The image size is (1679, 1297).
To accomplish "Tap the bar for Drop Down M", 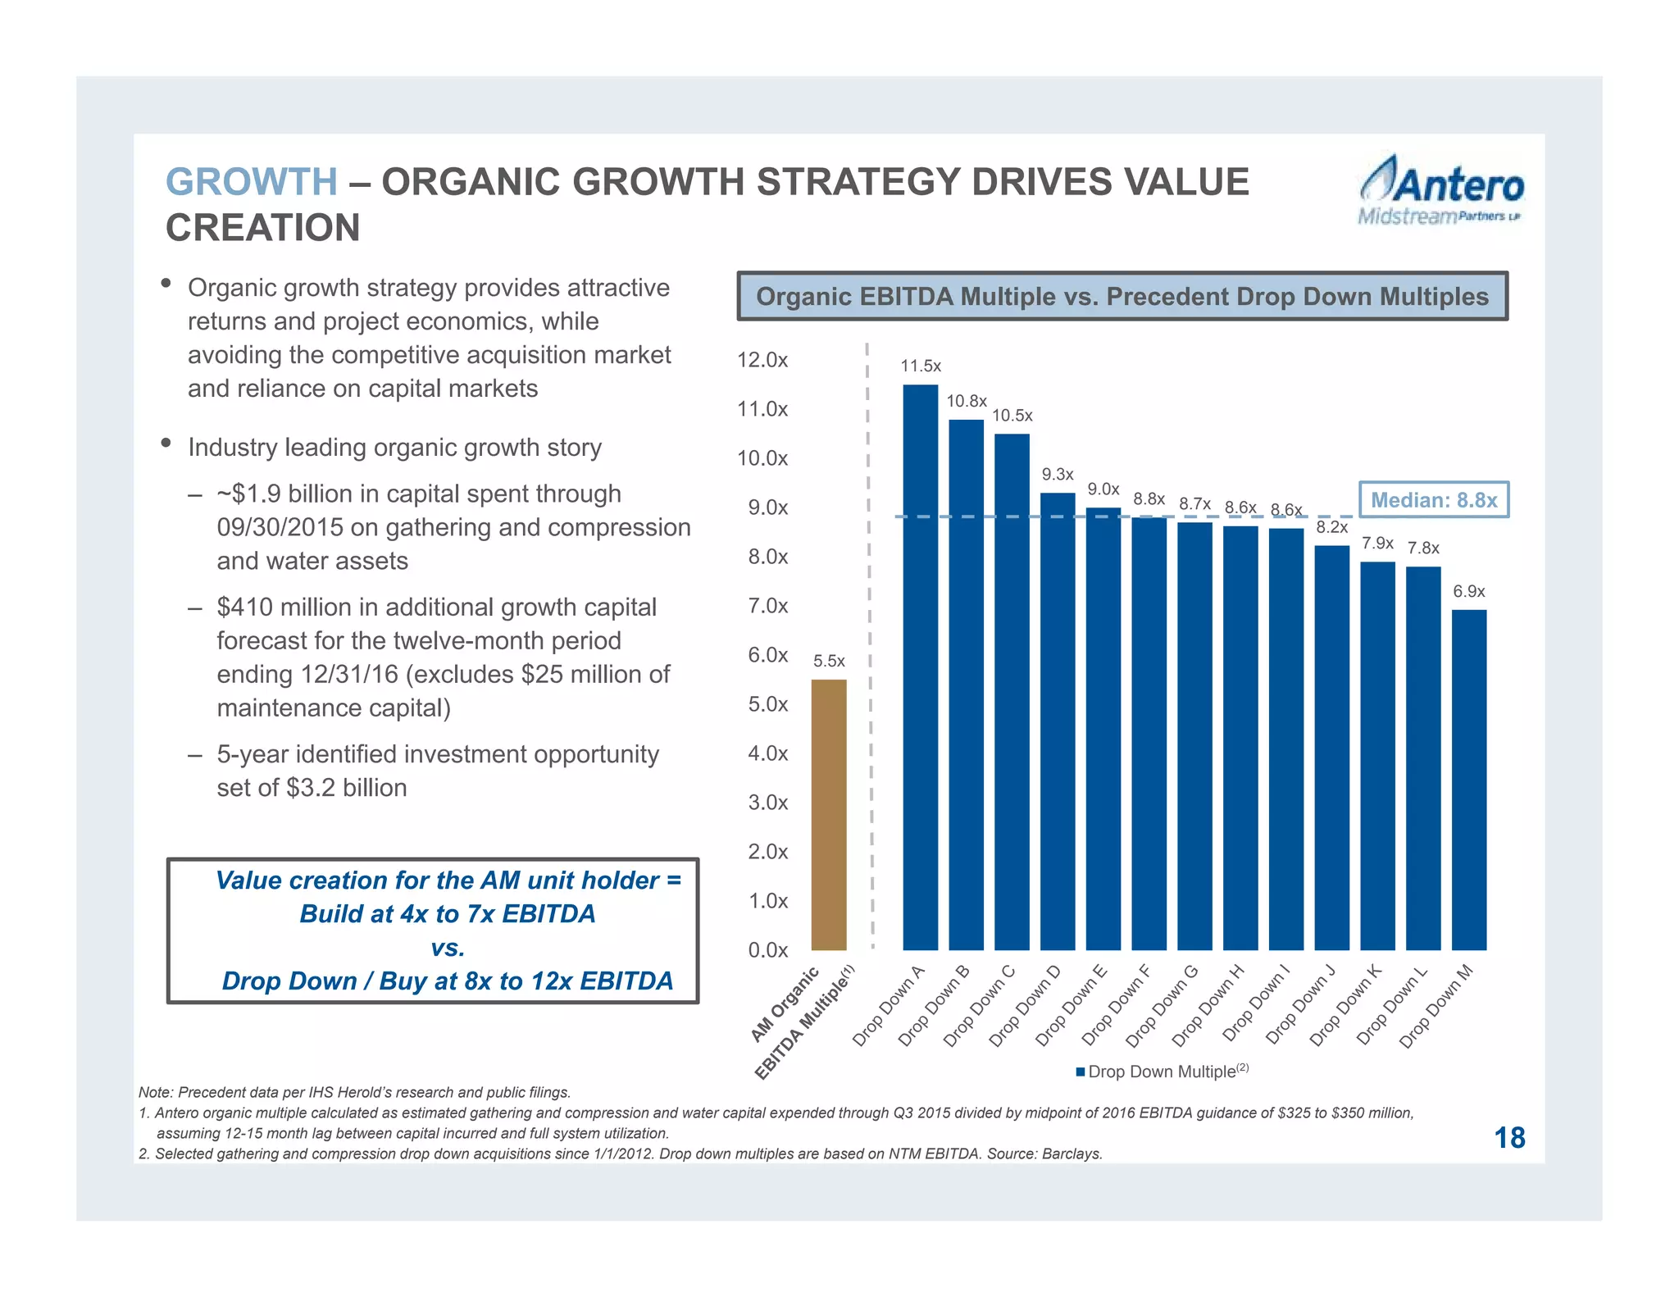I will pyautogui.click(x=1468, y=779).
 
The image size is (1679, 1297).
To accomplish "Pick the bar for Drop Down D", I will pyautogui.click(x=1057, y=721).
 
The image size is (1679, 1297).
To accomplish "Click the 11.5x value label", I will pyautogui.click(x=920, y=366).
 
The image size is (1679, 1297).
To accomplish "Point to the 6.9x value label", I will pyautogui.click(x=1468, y=591).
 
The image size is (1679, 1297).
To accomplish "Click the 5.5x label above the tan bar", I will pyautogui.click(x=829, y=661).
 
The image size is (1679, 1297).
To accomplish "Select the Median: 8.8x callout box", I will pyautogui.click(x=1433, y=499).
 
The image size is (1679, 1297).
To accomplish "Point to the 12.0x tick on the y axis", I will pyautogui.click(x=762, y=360).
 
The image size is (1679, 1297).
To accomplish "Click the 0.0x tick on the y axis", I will pyautogui.click(x=767, y=950).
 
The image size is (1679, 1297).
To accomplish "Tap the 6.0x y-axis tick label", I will pyautogui.click(x=767, y=655).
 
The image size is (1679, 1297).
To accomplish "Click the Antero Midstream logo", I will pyautogui.click(x=1440, y=190).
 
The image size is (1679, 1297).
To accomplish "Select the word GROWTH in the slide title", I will pyautogui.click(x=251, y=182).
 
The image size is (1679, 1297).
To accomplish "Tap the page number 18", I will pyautogui.click(x=1508, y=1137).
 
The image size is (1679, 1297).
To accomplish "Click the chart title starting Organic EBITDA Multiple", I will pyautogui.click(x=1122, y=296).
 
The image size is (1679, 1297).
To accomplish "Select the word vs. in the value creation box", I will pyautogui.click(x=448, y=948).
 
